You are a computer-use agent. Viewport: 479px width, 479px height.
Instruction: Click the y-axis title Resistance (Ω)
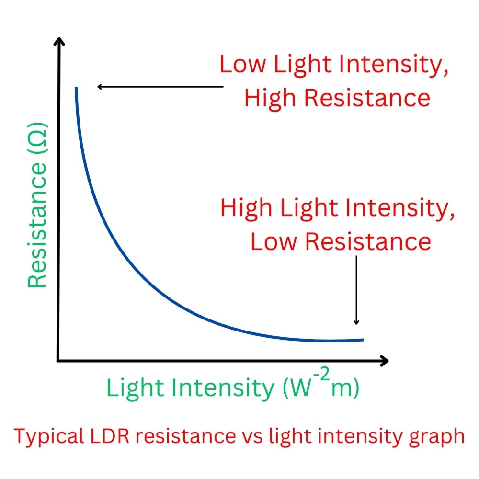[37, 206]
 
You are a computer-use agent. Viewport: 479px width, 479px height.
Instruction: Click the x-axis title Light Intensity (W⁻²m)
[233, 388]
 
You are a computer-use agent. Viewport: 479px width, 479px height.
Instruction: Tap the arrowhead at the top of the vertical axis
[58, 41]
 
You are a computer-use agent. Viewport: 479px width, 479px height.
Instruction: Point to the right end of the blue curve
[363, 340]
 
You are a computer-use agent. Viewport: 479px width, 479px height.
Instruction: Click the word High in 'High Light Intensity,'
[246, 208]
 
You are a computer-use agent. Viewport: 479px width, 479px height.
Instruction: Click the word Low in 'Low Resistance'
[270, 241]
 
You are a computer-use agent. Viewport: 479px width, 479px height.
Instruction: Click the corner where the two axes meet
[58, 361]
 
